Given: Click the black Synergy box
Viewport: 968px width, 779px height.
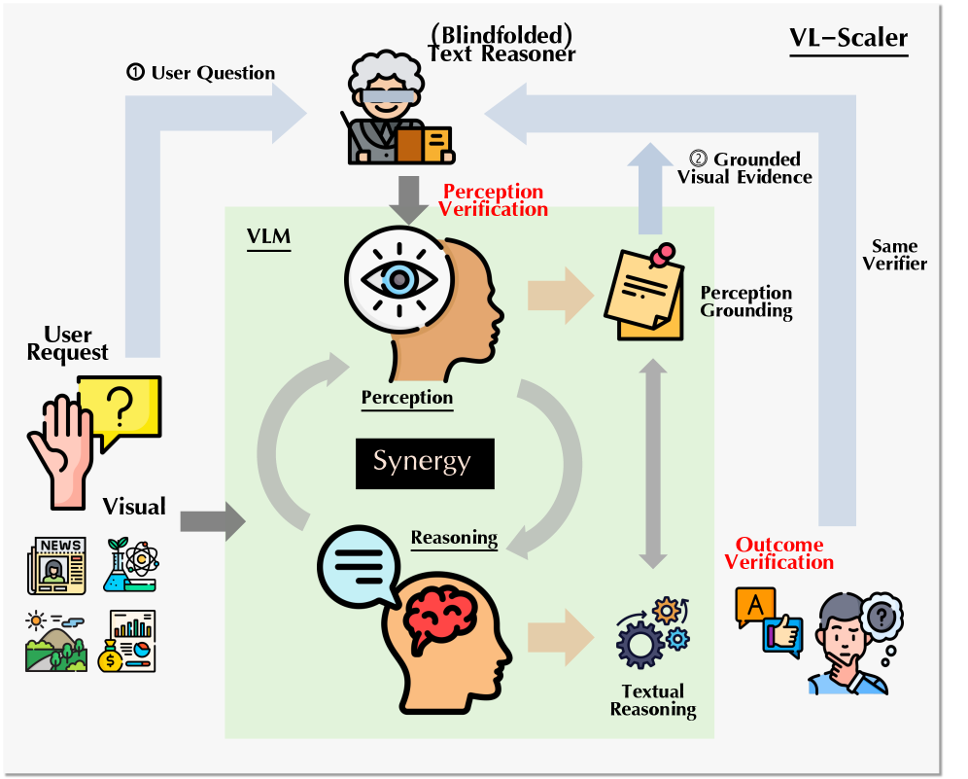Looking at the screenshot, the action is pos(425,463).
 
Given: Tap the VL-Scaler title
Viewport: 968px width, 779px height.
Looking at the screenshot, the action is pos(848,38).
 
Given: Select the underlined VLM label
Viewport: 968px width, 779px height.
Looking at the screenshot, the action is pos(268,236).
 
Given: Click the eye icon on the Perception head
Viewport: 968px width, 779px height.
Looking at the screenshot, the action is pos(398,280).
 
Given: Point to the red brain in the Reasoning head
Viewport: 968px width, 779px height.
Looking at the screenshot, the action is pos(439,619).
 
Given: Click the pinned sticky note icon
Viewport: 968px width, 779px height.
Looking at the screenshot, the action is pos(645,292).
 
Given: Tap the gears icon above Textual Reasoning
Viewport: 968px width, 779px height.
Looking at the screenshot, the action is pos(653,632).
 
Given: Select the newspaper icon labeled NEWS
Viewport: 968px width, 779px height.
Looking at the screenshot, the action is pos(56,565).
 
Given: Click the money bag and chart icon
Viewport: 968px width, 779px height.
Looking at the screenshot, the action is pos(126,641).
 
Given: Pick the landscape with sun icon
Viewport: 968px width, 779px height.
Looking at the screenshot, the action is pos(56,641).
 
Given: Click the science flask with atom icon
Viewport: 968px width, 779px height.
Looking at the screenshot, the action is pos(131,565).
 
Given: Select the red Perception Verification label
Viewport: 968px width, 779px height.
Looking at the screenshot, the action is pos(494,200).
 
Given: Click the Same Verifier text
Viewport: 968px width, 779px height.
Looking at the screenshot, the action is pos(894,255).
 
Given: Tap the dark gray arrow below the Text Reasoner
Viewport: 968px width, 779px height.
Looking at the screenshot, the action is pos(408,200).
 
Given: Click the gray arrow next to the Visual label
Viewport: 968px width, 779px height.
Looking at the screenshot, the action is pos(213,521).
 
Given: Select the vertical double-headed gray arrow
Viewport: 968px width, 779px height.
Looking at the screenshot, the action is pos(652,463).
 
